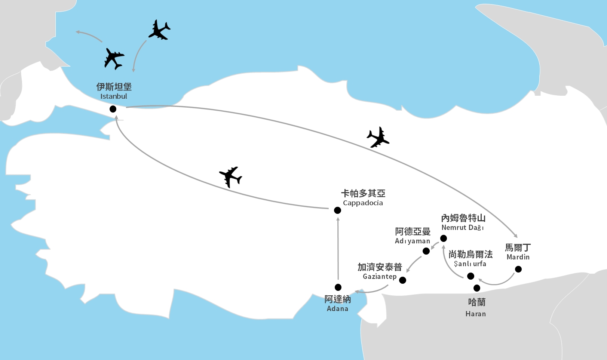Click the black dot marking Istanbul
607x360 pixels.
tap(113, 109)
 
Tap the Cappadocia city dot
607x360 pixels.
tap(337, 210)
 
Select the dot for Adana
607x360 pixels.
tap(338, 287)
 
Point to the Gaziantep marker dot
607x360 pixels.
tap(402, 280)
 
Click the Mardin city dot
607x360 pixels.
tap(518, 269)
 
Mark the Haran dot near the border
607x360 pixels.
tap(477, 288)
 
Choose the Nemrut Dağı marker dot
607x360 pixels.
tap(444, 238)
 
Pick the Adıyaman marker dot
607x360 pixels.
tap(426, 251)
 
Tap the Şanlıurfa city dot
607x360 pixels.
tap(471, 276)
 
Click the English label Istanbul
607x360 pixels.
tap(114, 96)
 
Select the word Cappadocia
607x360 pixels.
tap(363, 203)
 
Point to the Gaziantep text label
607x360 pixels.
tap(380, 277)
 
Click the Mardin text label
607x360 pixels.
tap(518, 257)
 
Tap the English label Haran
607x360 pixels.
tap(476, 314)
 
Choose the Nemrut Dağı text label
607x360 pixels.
tap(463, 228)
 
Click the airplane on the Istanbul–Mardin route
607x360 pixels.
tap(378, 137)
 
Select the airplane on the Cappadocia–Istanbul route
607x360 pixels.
tap(230, 176)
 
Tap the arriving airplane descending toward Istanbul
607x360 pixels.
tap(160, 30)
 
